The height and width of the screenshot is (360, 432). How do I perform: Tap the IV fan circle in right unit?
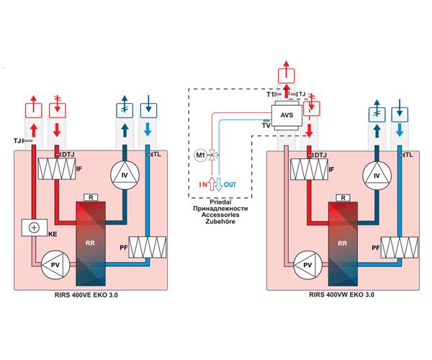point(374,174)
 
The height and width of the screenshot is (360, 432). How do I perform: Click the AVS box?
point(287,115)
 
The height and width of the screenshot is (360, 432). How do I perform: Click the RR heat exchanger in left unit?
point(90,242)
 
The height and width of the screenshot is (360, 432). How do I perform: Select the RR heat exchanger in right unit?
point(342,242)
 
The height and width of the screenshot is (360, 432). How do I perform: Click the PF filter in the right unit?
point(400,247)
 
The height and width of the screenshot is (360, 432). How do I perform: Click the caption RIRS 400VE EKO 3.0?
point(90,295)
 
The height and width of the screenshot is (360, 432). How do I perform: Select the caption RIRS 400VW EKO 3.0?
point(342,295)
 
